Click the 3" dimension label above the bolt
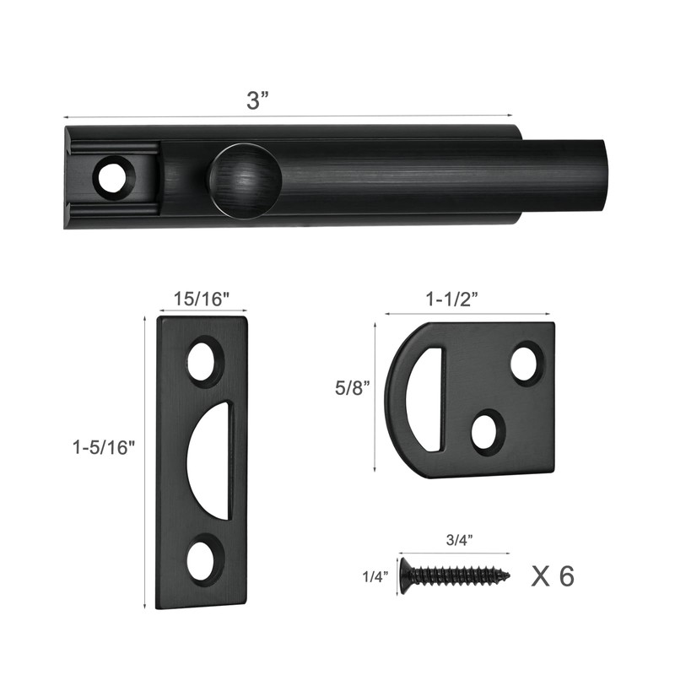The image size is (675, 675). point(257,100)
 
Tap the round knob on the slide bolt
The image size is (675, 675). point(244,180)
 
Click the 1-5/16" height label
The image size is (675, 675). point(104,448)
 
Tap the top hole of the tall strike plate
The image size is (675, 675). point(202,362)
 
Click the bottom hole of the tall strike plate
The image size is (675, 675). point(202,561)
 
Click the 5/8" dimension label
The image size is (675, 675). point(354,390)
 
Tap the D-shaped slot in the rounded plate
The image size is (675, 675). point(425,399)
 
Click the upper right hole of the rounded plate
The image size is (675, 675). point(526,363)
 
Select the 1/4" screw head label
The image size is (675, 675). point(375,577)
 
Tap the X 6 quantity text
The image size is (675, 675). point(553,576)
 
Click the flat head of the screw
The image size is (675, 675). point(405,576)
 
